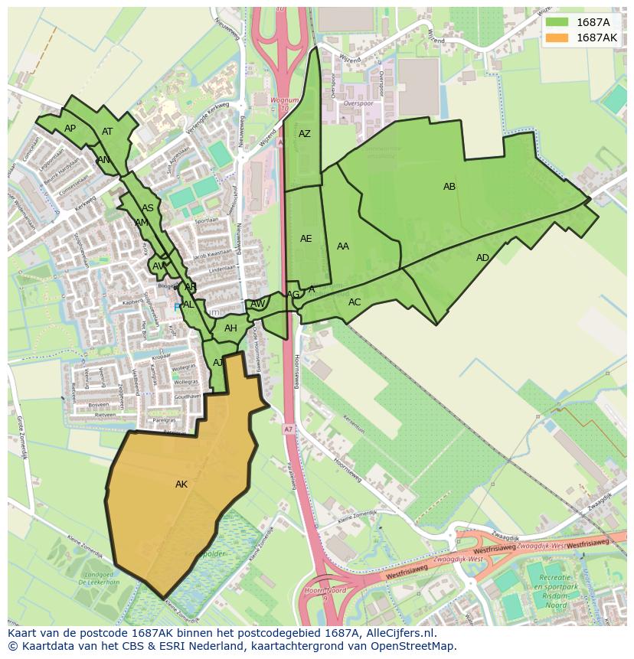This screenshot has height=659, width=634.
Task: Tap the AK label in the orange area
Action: click(181, 484)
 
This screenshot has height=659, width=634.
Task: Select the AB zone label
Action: click(449, 187)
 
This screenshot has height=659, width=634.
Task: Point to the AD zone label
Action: click(482, 258)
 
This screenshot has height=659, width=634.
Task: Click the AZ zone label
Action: click(305, 134)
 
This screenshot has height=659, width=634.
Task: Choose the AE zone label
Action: click(306, 239)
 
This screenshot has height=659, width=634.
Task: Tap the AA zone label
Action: click(343, 246)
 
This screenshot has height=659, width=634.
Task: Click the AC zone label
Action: click(355, 302)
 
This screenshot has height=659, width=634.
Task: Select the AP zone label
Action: click(70, 129)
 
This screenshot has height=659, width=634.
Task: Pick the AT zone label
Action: click(107, 132)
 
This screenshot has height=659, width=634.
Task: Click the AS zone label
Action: click(148, 208)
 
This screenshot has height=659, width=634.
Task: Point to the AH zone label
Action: click(230, 329)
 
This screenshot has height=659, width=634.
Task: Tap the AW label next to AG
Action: click(258, 304)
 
